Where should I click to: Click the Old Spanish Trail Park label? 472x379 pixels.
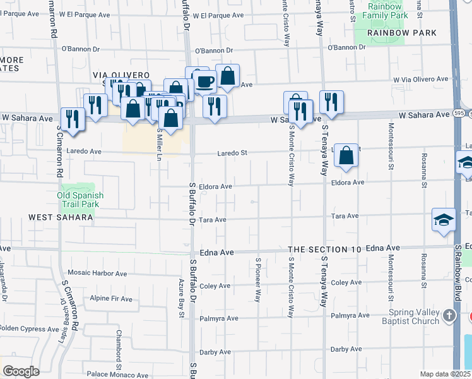point(80,200)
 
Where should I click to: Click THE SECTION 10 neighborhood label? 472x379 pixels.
point(325,250)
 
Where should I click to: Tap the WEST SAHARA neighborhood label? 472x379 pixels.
point(61,217)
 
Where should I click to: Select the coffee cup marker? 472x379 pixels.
point(204,81)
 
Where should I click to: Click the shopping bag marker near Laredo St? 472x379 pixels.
point(346,155)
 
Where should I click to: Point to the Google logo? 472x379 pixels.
point(21,371)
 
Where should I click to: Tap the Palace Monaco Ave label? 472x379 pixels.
point(115,375)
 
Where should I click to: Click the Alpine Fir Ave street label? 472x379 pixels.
point(111,299)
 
